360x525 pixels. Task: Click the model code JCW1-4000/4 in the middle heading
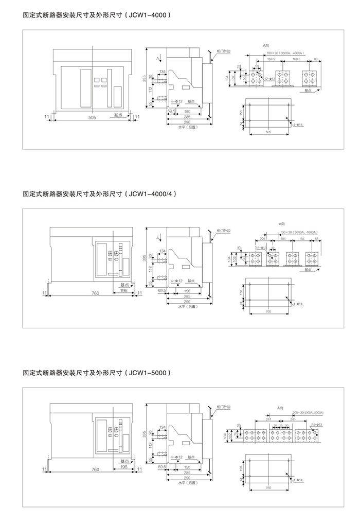[154, 194]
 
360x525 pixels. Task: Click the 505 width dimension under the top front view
[92, 118]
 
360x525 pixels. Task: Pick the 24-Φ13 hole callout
[317, 425]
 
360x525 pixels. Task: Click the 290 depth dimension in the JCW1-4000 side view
[179, 122]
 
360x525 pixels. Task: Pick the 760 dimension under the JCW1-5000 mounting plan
[267, 488]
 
